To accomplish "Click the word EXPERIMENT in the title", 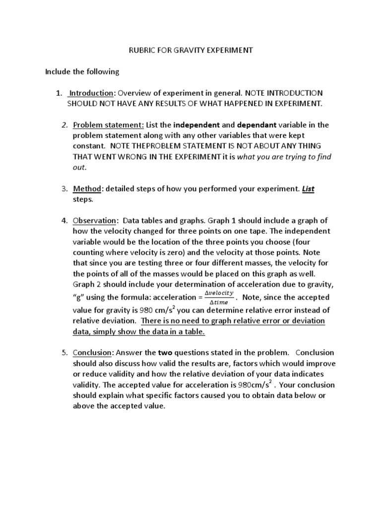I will coord(233,50).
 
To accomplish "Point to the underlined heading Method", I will coord(87,189).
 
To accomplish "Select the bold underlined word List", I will coord(309,189).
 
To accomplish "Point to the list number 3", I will coord(64,189).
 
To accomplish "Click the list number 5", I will coord(64,353).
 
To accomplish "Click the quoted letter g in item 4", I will coord(79,298).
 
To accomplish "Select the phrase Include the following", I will coord(82,72).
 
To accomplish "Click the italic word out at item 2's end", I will coord(79,167).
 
